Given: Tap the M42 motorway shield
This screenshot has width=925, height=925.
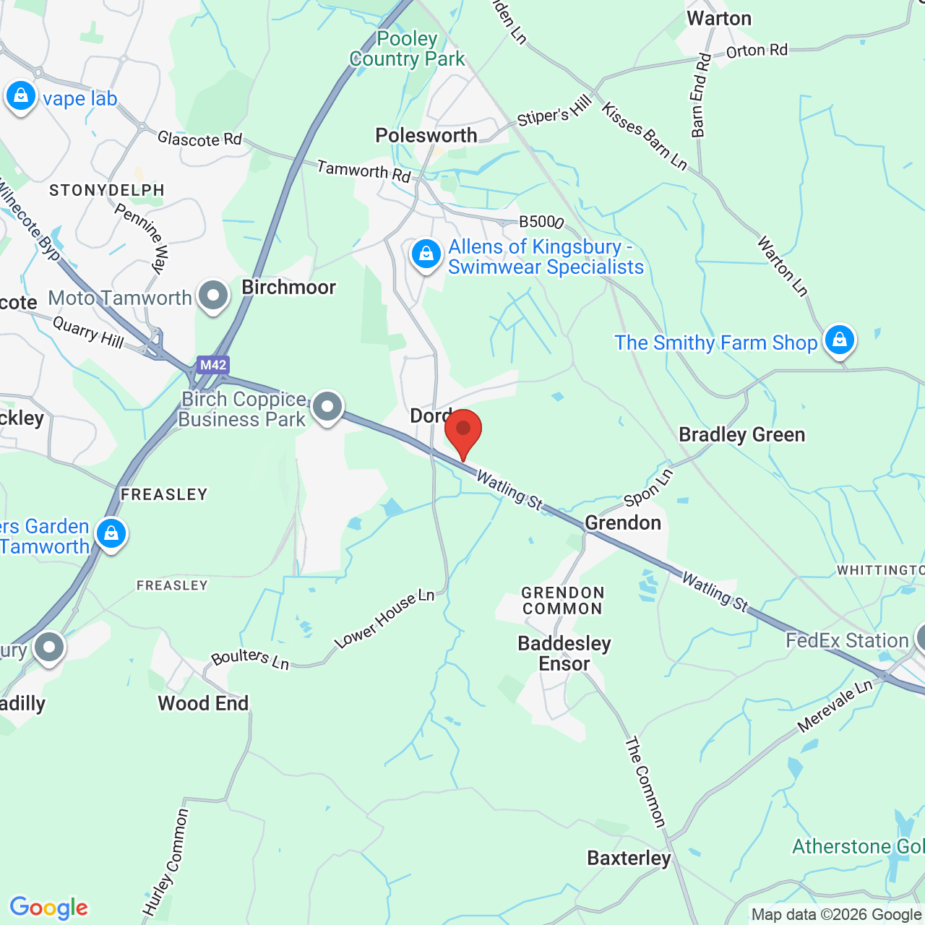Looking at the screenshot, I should coord(213,365).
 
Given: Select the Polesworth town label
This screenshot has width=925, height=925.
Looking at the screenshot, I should coord(426,135).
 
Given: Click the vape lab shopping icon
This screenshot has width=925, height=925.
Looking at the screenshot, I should coord(21,96).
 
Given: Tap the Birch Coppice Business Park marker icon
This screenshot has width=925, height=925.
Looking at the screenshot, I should coord(327,408).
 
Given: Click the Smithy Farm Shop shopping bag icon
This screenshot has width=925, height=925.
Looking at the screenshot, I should coord(839,340).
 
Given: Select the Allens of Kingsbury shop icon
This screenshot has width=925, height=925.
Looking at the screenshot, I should coord(426,255).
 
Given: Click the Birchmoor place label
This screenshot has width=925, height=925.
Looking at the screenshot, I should coord(288,287).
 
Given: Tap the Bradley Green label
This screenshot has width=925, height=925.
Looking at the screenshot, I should coord(741,434).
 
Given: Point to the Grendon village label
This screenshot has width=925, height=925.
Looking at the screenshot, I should coord(623,522).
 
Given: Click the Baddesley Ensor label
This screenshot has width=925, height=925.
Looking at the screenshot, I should coord(564,653).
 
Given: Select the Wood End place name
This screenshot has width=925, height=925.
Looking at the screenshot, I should coord(203,703).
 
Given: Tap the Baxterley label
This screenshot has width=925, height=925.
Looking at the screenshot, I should coord(629,858).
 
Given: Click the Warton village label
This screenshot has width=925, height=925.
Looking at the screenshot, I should coord(719,18).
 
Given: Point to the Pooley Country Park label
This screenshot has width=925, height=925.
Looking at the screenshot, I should coord(408,49).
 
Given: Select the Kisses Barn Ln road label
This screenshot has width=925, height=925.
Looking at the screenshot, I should coord(645,137).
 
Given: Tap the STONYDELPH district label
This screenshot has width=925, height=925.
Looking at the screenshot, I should coord(107,190).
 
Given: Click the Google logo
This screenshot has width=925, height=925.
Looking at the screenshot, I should coord(49,908).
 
